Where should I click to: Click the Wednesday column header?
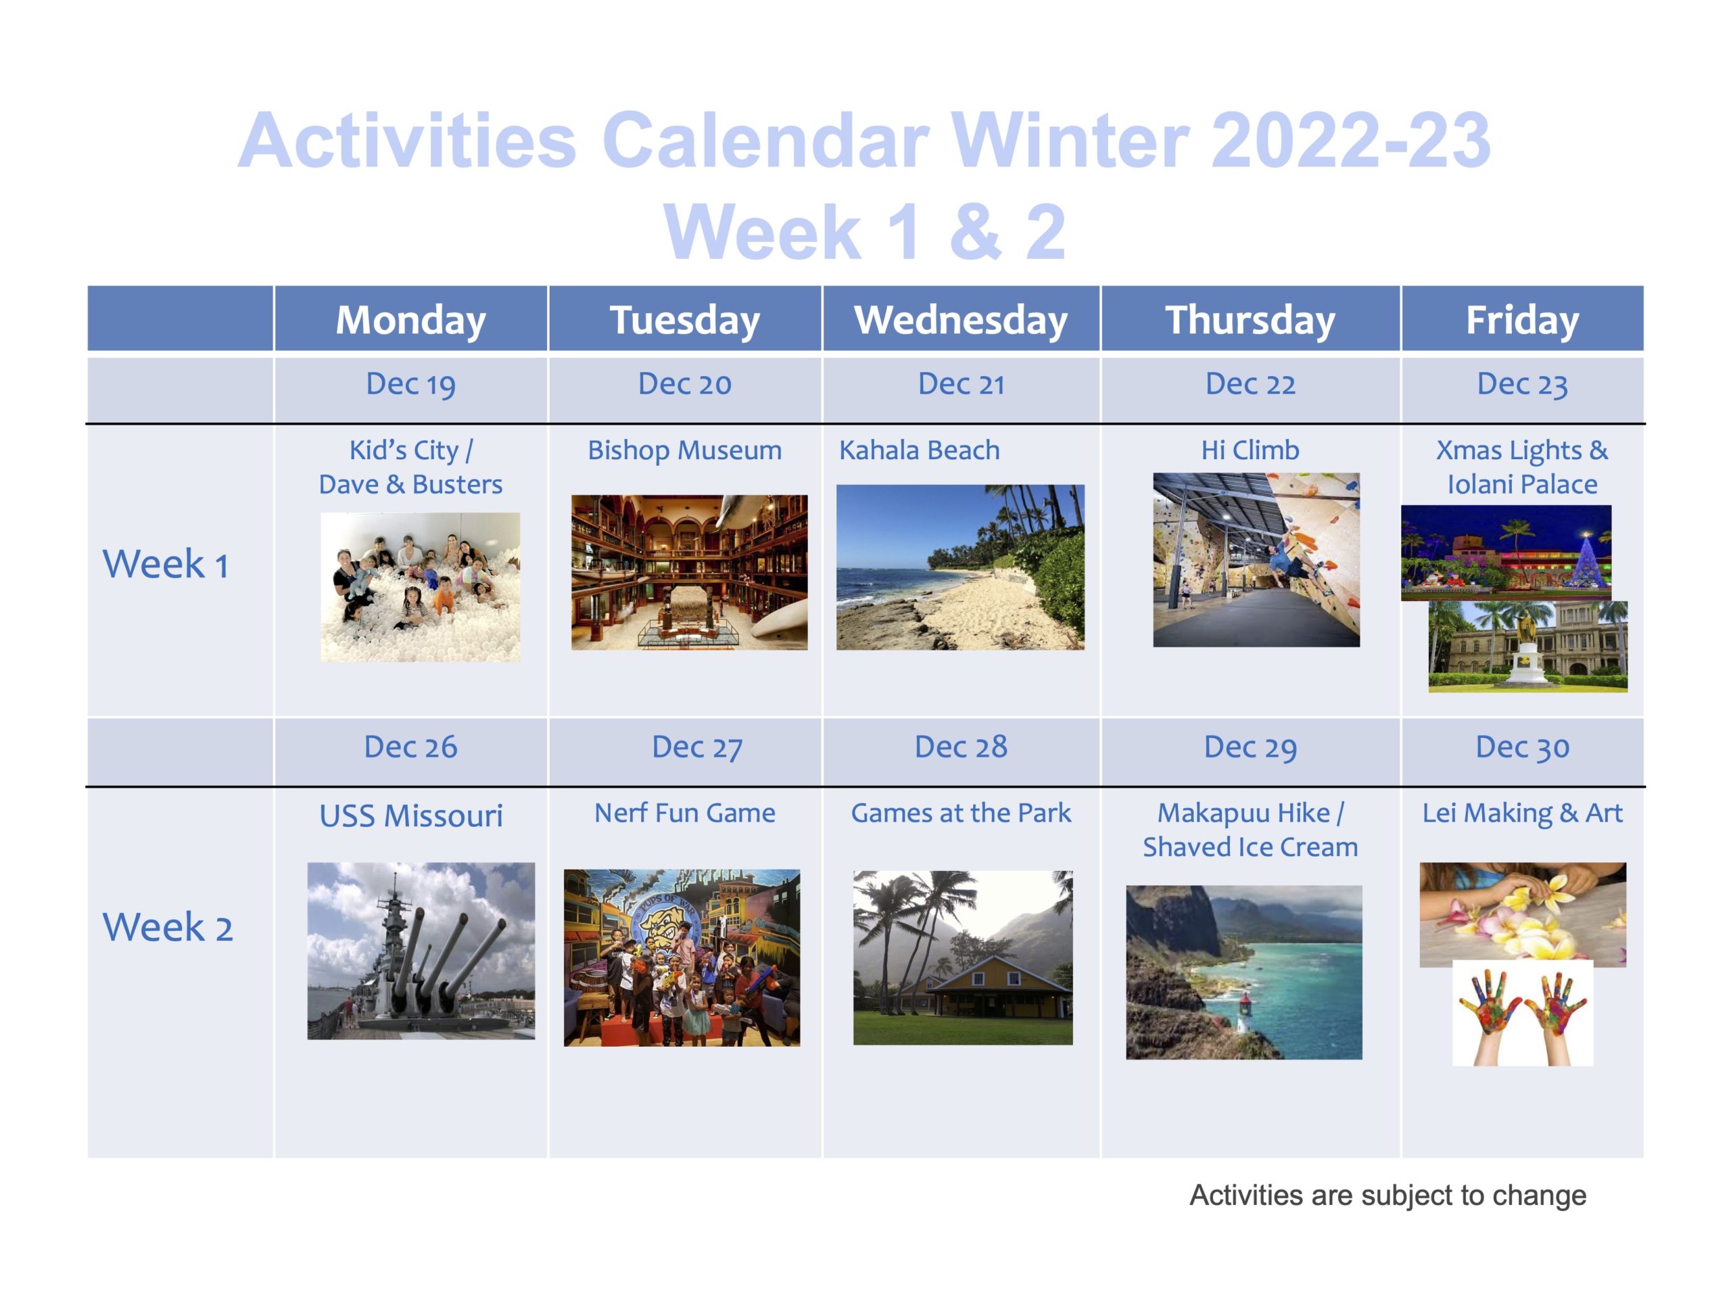tap(960, 320)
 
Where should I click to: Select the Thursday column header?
tap(1250, 320)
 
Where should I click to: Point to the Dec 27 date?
tap(696, 748)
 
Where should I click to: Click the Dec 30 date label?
tap(1522, 748)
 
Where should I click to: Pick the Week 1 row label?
tap(166, 564)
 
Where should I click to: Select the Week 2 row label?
tap(168, 927)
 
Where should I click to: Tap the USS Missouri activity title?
tap(411, 816)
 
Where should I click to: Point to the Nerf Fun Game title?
tap(685, 813)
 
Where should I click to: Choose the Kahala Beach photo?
tap(960, 567)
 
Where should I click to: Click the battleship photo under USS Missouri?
tap(421, 951)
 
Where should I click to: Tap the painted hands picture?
tap(1522, 1014)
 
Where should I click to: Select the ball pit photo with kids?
tap(420, 588)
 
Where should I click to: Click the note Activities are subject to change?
tap(1388, 1196)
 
